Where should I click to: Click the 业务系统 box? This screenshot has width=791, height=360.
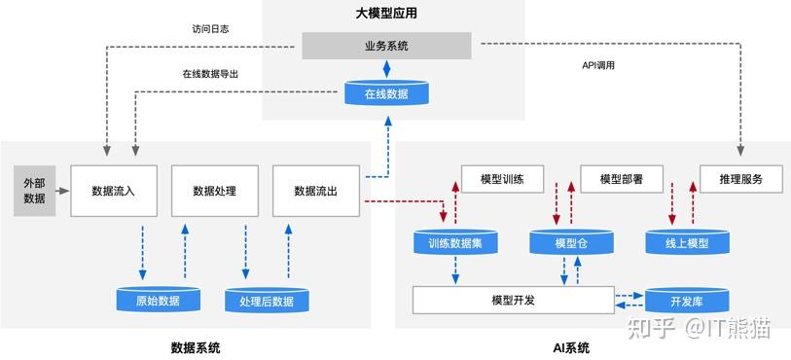[x=387, y=45]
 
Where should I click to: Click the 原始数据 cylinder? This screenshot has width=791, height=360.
[x=157, y=301]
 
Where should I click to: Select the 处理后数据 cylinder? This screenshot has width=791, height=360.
[x=266, y=301]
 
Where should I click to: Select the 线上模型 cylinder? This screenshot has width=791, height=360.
[x=686, y=243]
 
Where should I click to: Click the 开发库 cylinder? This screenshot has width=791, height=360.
[x=686, y=301]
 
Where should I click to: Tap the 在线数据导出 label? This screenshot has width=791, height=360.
[x=210, y=74]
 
